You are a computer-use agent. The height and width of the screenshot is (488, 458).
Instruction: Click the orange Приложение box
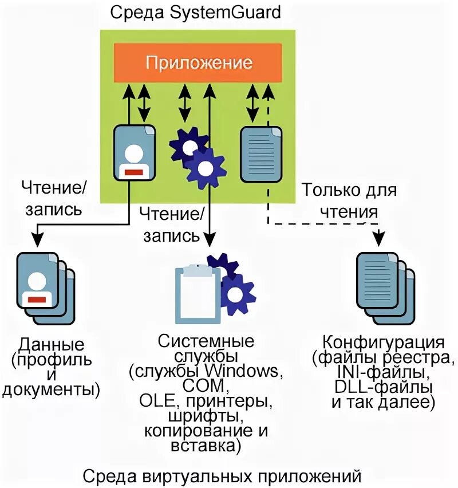[198, 62]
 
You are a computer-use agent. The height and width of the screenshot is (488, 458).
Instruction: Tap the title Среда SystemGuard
[198, 11]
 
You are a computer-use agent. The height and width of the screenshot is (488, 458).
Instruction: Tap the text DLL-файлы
[383, 388]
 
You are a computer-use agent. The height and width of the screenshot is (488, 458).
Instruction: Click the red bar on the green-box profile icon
[134, 171]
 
